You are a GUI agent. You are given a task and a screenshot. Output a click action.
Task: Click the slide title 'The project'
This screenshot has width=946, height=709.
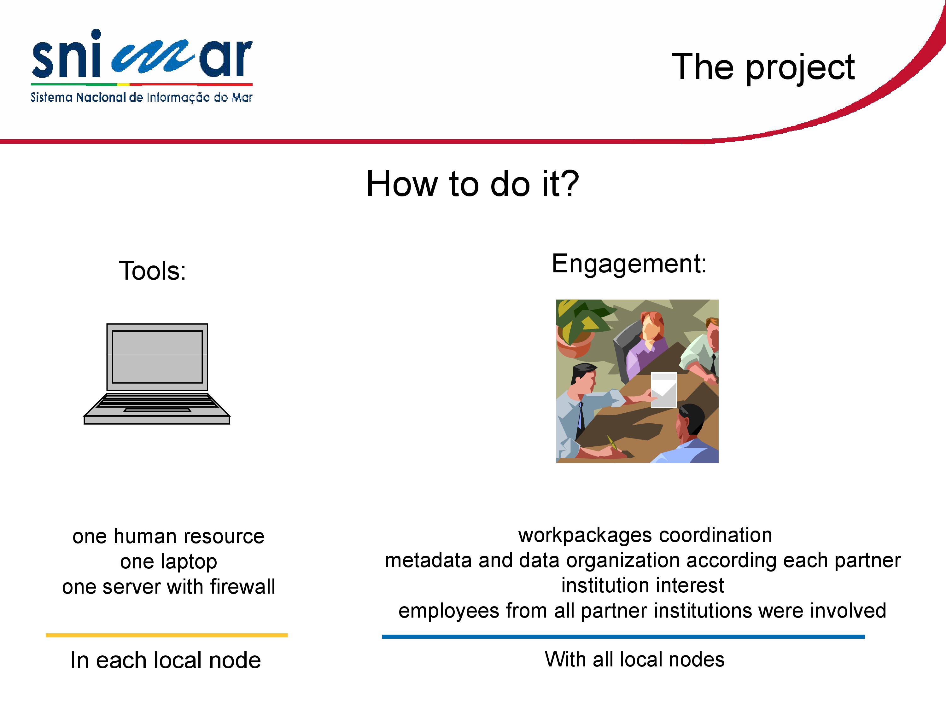763,67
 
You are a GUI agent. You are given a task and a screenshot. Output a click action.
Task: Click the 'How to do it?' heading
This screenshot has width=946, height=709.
473,183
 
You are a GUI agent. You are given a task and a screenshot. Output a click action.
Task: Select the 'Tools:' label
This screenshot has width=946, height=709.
153,271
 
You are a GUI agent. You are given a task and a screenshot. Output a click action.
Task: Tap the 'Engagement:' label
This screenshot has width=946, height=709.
629,264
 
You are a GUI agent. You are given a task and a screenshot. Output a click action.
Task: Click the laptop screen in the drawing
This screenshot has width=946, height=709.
157,357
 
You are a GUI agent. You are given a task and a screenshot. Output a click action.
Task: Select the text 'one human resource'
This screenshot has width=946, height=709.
168,537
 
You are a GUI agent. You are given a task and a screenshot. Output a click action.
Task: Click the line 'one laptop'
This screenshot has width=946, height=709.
168,562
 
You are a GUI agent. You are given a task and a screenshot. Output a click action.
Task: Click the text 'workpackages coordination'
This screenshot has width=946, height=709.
645,535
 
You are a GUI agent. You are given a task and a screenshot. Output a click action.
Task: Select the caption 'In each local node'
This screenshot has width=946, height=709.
166,660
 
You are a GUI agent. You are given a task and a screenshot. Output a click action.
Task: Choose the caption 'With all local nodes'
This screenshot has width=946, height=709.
635,660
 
